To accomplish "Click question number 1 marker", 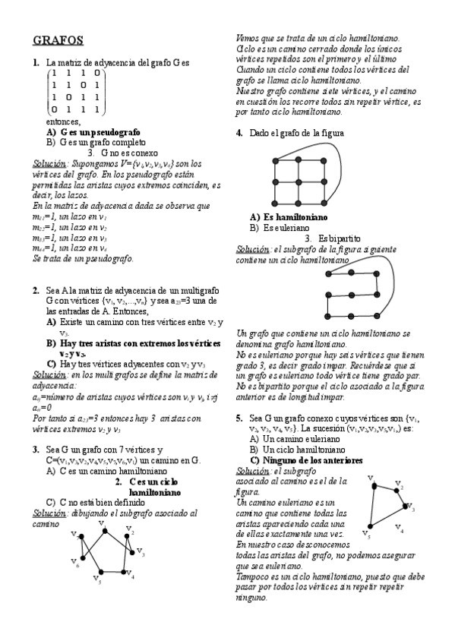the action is (36, 62).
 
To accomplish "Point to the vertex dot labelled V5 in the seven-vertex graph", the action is (101, 572).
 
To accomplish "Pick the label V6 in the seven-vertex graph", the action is (76, 563).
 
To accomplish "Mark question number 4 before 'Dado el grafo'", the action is (239, 133).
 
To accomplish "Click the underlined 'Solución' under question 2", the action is (50, 374).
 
